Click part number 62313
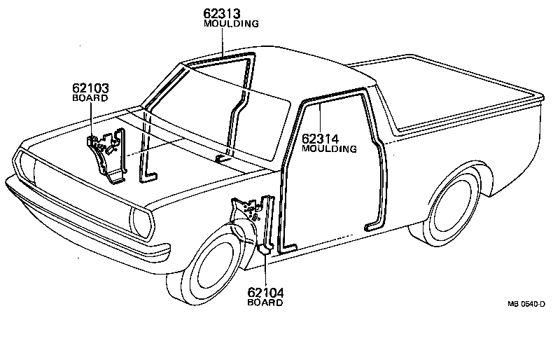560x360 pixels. (x=223, y=13)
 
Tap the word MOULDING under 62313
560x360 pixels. (x=231, y=23)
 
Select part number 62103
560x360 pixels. (x=90, y=88)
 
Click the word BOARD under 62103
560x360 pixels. (x=90, y=99)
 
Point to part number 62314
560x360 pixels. (x=321, y=138)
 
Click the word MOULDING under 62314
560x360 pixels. (x=330, y=148)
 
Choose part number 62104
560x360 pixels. (x=265, y=293)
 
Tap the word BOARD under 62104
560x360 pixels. (x=265, y=303)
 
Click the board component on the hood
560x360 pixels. (x=105, y=154)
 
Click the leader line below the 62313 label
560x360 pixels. (x=222, y=41)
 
